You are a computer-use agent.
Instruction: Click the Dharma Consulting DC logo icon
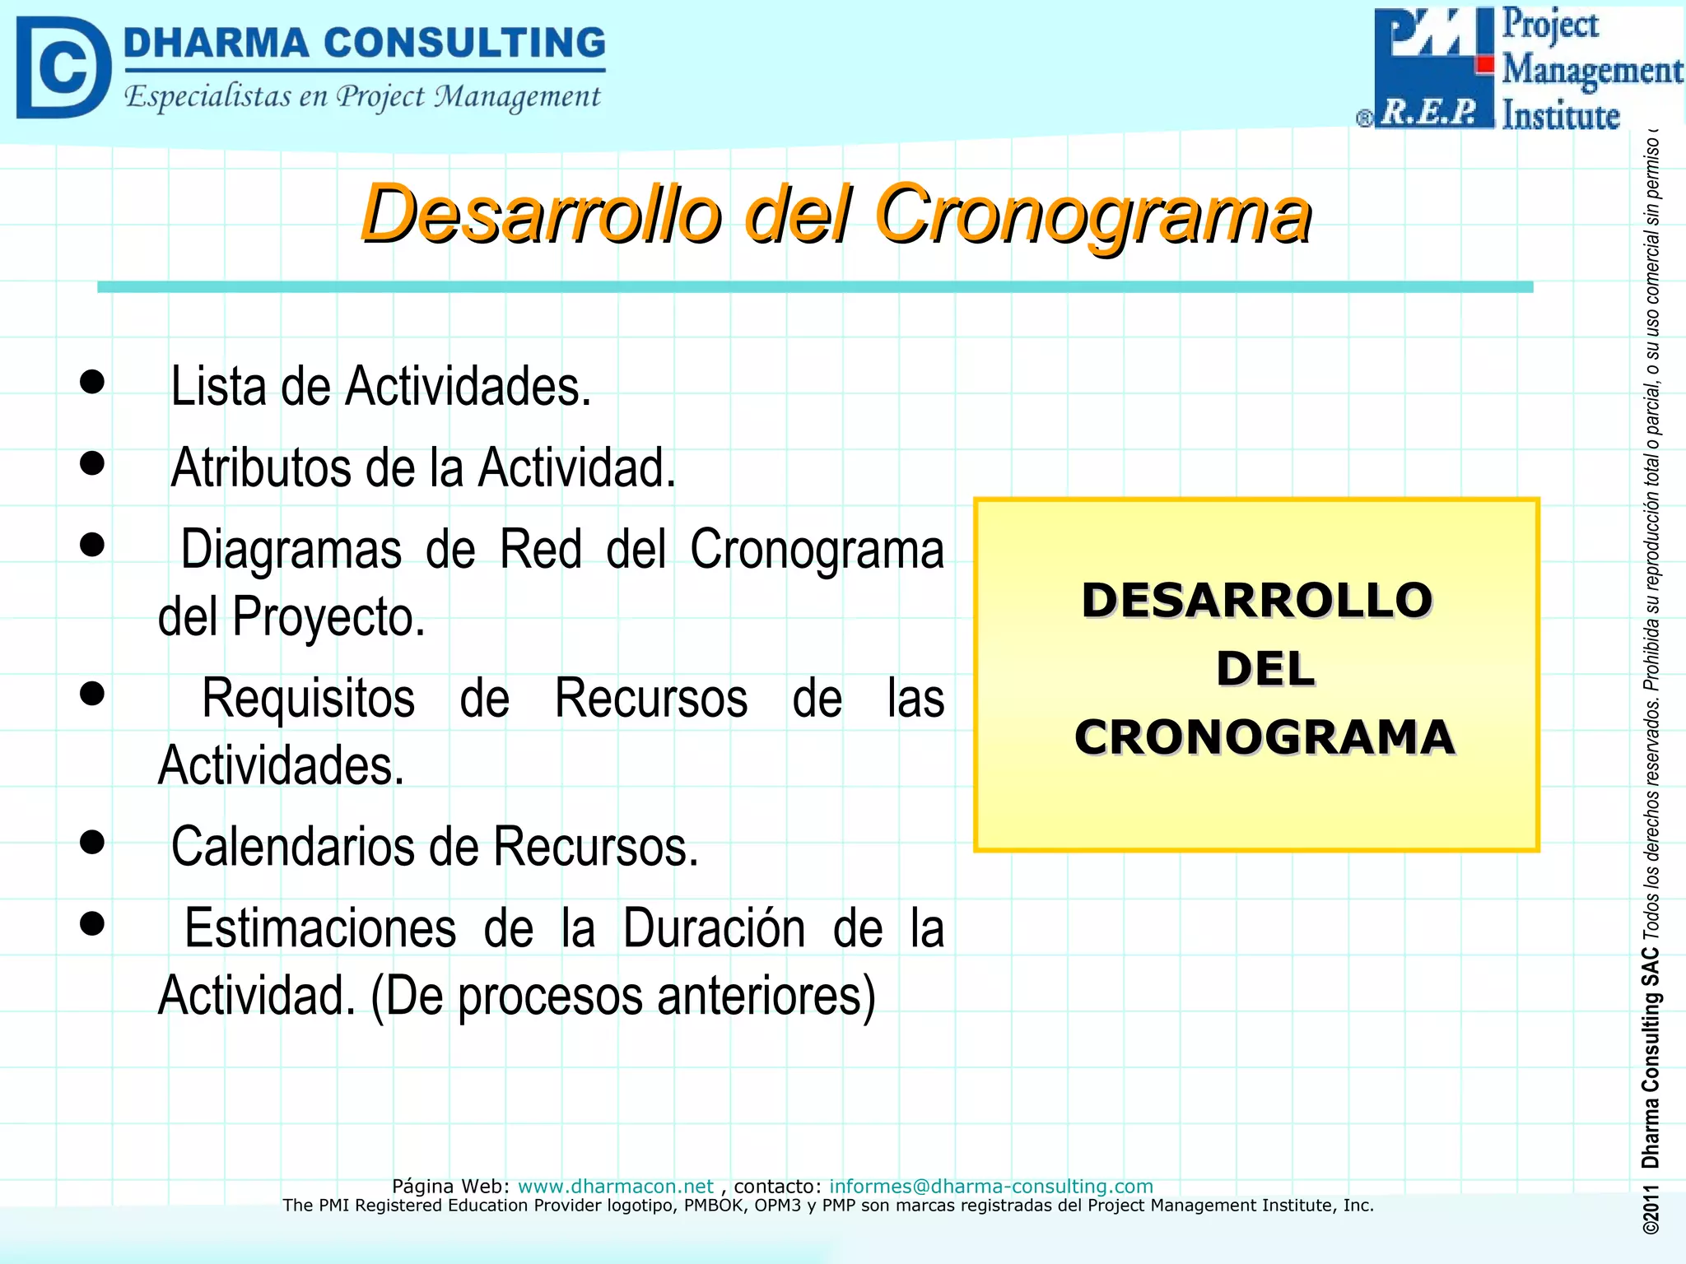click(63, 67)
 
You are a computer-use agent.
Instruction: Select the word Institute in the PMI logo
click(1560, 115)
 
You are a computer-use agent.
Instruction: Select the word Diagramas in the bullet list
click(291, 550)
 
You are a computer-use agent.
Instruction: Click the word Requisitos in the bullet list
click(308, 699)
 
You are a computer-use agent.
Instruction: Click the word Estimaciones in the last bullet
click(320, 928)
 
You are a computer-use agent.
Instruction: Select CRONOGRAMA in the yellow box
click(1264, 737)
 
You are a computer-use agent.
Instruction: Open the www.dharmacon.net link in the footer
click(615, 1186)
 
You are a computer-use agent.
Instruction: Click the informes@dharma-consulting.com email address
click(990, 1186)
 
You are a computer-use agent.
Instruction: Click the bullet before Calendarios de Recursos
click(92, 842)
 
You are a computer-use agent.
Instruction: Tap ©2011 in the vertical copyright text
click(1650, 1211)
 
